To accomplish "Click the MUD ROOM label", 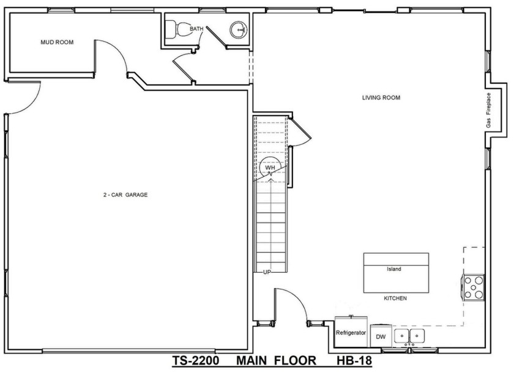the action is [57, 42].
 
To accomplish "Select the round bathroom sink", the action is [239, 30].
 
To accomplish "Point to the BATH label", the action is [196, 29].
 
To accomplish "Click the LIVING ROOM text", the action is [381, 98].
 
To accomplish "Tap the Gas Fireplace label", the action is [488, 111].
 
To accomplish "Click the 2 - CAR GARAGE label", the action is [125, 195].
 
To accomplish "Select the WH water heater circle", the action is [270, 168].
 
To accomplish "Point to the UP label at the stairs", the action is [267, 272].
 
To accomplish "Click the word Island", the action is [394, 269].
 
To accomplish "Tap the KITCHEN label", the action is [395, 299].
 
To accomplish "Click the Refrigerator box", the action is [351, 332].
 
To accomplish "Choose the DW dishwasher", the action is [381, 336].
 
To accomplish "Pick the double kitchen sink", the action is [409, 336].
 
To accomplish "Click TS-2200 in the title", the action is [196, 361].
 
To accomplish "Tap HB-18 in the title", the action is [355, 361].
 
